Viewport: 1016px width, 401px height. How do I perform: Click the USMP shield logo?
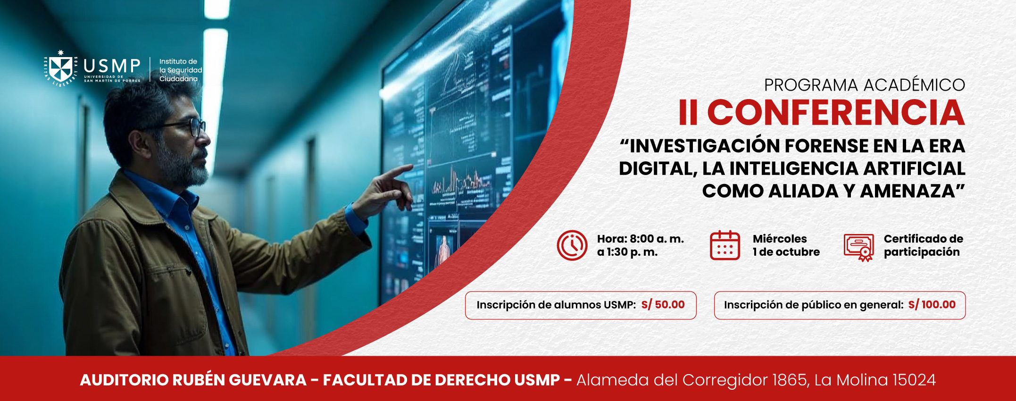(61, 68)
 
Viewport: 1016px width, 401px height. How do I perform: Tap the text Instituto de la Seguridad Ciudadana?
(181, 70)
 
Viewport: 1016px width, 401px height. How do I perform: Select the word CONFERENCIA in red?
(836, 113)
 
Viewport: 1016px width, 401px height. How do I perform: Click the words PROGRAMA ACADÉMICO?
(865, 85)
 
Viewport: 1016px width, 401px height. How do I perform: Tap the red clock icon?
(572, 245)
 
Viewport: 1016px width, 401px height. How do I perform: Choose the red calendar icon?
(725, 245)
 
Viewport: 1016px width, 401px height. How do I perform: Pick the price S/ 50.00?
(663, 305)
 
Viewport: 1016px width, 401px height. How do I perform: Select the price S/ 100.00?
(932, 305)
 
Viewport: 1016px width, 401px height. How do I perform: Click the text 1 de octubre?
(786, 252)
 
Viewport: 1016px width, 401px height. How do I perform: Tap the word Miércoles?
(780, 239)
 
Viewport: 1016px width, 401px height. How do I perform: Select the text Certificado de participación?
(923, 245)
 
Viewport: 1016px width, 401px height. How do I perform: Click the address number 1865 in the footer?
(790, 380)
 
